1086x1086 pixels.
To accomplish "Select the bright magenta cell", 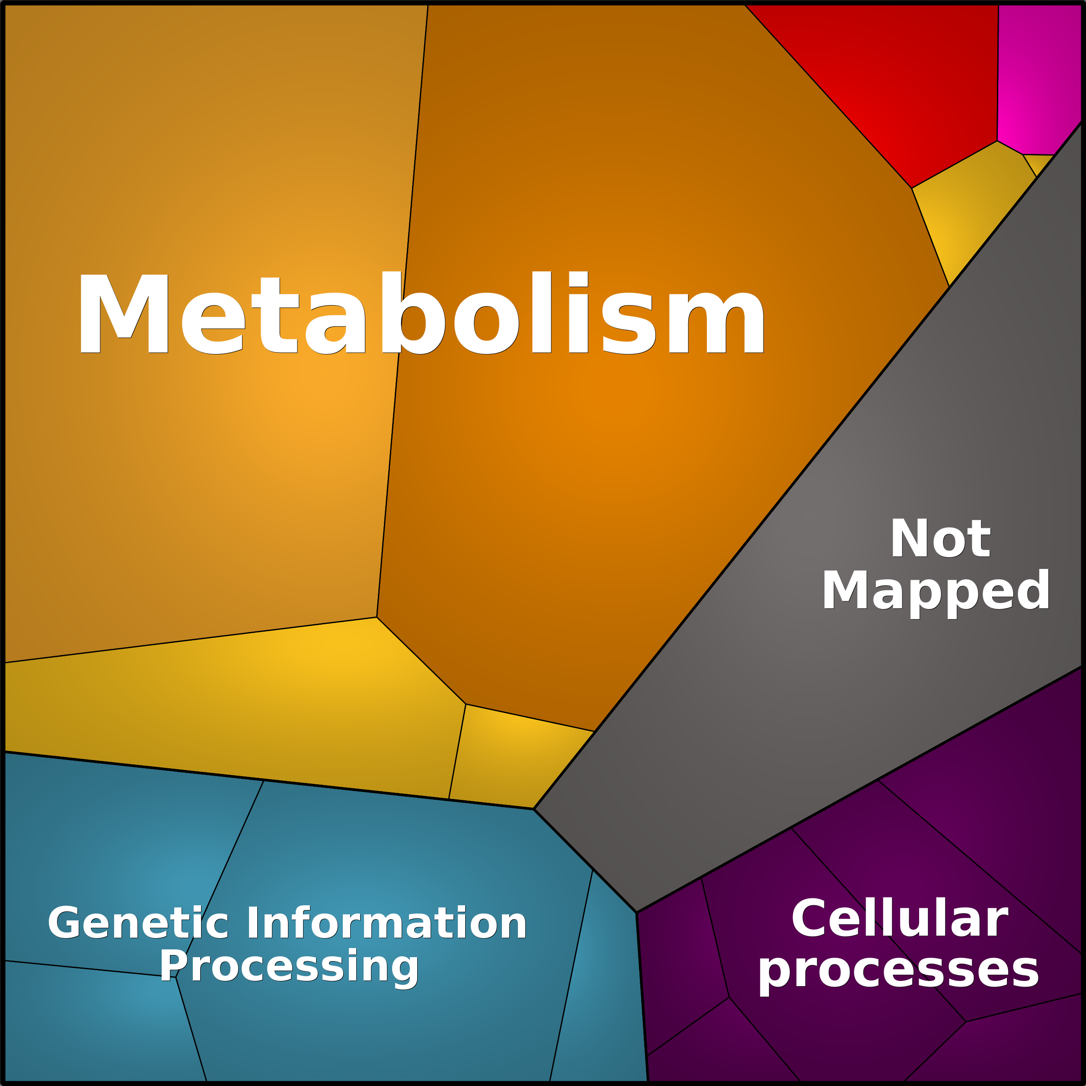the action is tap(1039, 73).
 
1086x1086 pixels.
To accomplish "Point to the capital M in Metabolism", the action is tap(124, 313).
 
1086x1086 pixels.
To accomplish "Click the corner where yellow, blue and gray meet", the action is tap(533, 809).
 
